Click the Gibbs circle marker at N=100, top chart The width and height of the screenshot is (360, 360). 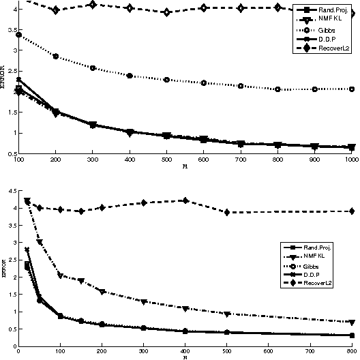(19, 35)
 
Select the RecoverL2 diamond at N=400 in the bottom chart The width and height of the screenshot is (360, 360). (185, 200)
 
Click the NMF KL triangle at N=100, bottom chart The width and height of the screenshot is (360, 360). (60, 276)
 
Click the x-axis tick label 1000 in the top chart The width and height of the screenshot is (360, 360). (350, 159)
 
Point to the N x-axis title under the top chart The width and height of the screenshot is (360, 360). (185, 166)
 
